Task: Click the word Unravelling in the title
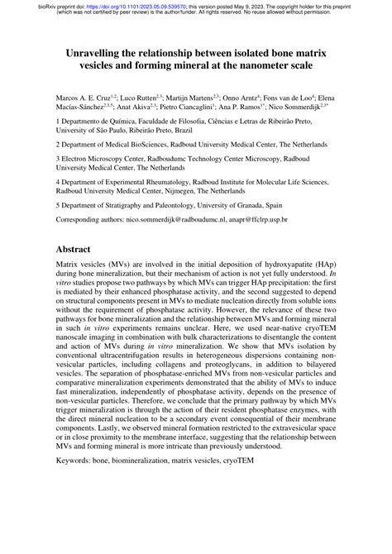click(101, 51)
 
